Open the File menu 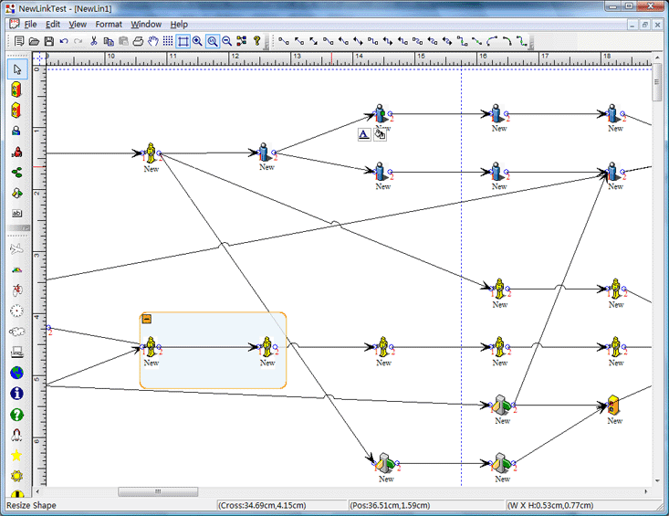coord(30,25)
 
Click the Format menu coord(109,25)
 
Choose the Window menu coord(146,25)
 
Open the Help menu coord(179,25)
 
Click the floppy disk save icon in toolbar coord(49,41)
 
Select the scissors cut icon coord(93,41)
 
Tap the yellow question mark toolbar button coord(256,41)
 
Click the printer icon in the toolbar coord(138,41)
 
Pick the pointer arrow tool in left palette coord(17,69)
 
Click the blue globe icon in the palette coord(16,373)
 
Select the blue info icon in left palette coord(16,393)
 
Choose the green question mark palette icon coord(16,414)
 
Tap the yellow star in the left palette coord(16,456)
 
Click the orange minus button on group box coord(146,319)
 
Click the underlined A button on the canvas coord(364,134)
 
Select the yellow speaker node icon coord(613,405)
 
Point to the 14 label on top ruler coord(359,56)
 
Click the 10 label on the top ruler coord(111,56)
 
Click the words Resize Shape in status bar coord(31,505)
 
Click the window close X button coord(651,6)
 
